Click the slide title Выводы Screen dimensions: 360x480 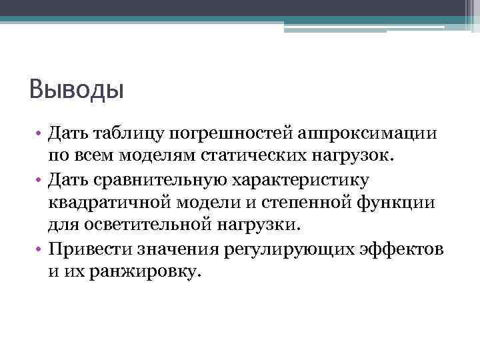point(77,88)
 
